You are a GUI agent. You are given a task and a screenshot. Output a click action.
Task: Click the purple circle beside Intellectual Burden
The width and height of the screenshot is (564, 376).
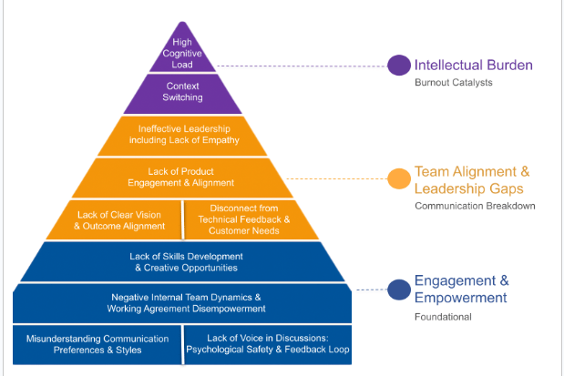pyautogui.click(x=398, y=66)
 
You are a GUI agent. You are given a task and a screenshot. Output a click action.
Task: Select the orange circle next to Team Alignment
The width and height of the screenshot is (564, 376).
pyautogui.click(x=398, y=178)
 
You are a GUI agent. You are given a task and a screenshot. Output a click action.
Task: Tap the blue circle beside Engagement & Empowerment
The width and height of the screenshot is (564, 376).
pyautogui.click(x=398, y=289)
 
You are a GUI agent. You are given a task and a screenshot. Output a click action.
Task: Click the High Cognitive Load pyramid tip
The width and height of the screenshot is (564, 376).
pyautogui.click(x=183, y=53)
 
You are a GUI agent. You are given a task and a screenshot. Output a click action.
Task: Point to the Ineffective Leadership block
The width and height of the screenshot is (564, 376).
pyautogui.click(x=183, y=135)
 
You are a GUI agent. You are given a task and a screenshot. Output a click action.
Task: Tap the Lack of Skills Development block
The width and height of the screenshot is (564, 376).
pyautogui.click(x=183, y=261)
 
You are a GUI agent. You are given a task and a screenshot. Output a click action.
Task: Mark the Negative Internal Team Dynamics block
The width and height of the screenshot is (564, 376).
pyautogui.click(x=183, y=302)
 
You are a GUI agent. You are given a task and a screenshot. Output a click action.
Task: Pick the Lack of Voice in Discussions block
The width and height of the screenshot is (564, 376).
pyautogui.click(x=267, y=343)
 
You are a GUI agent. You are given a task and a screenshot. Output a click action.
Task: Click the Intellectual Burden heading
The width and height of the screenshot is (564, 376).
pyautogui.click(x=473, y=66)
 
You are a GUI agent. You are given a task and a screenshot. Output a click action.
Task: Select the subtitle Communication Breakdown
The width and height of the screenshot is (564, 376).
pyautogui.click(x=474, y=206)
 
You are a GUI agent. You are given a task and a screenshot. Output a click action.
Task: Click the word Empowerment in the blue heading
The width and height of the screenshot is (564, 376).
pyautogui.click(x=461, y=298)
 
